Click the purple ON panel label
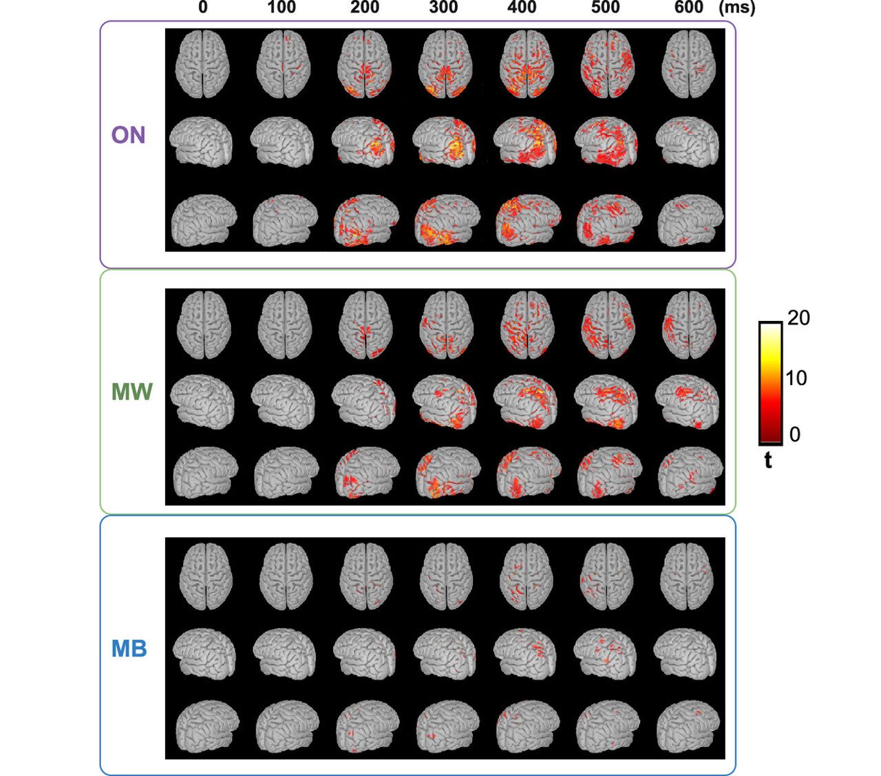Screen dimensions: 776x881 (129, 135)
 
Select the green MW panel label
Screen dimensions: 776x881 (132, 392)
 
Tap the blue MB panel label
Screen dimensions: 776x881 (129, 649)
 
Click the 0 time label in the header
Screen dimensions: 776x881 (202, 8)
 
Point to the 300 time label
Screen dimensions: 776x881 (444, 8)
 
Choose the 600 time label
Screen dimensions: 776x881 (689, 8)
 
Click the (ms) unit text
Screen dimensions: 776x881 (736, 8)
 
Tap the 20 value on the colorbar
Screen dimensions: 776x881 (798, 318)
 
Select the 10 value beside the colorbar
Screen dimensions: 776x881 (796, 377)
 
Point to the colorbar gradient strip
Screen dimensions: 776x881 (769, 383)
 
